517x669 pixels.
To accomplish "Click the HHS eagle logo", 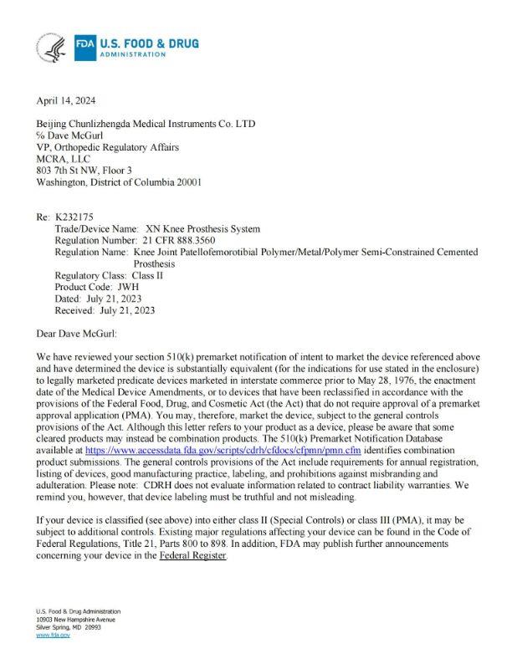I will coord(51,49).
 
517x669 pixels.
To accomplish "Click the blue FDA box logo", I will coord(84,48).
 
